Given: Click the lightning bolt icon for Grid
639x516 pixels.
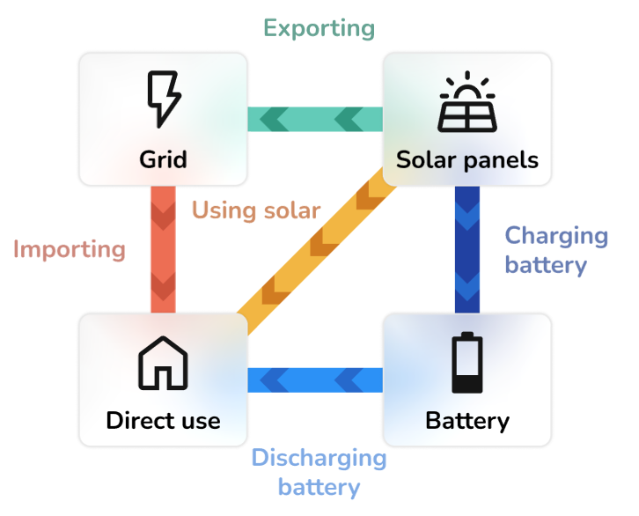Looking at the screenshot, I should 163,99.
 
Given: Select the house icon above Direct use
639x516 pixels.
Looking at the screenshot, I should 163,362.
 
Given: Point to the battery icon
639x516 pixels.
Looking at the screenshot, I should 466,362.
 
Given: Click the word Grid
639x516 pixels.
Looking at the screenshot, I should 163,159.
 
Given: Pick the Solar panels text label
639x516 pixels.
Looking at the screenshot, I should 466,159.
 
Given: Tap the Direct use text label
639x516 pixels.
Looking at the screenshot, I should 163,420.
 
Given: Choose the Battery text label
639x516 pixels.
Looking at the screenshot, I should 466,420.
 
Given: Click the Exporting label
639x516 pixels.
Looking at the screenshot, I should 319,28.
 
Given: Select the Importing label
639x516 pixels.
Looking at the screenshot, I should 70,249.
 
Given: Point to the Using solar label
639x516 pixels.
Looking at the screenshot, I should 256,210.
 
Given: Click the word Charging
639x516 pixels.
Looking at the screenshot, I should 555,236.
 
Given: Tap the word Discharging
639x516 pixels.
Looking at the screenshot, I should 319,459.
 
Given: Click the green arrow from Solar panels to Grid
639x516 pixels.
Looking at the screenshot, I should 314,118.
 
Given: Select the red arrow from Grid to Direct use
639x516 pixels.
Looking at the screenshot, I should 163,249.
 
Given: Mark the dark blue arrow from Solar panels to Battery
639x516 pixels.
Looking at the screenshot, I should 466,249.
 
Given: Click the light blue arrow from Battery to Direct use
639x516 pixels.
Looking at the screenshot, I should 314,380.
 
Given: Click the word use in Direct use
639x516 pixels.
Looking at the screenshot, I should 200,420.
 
